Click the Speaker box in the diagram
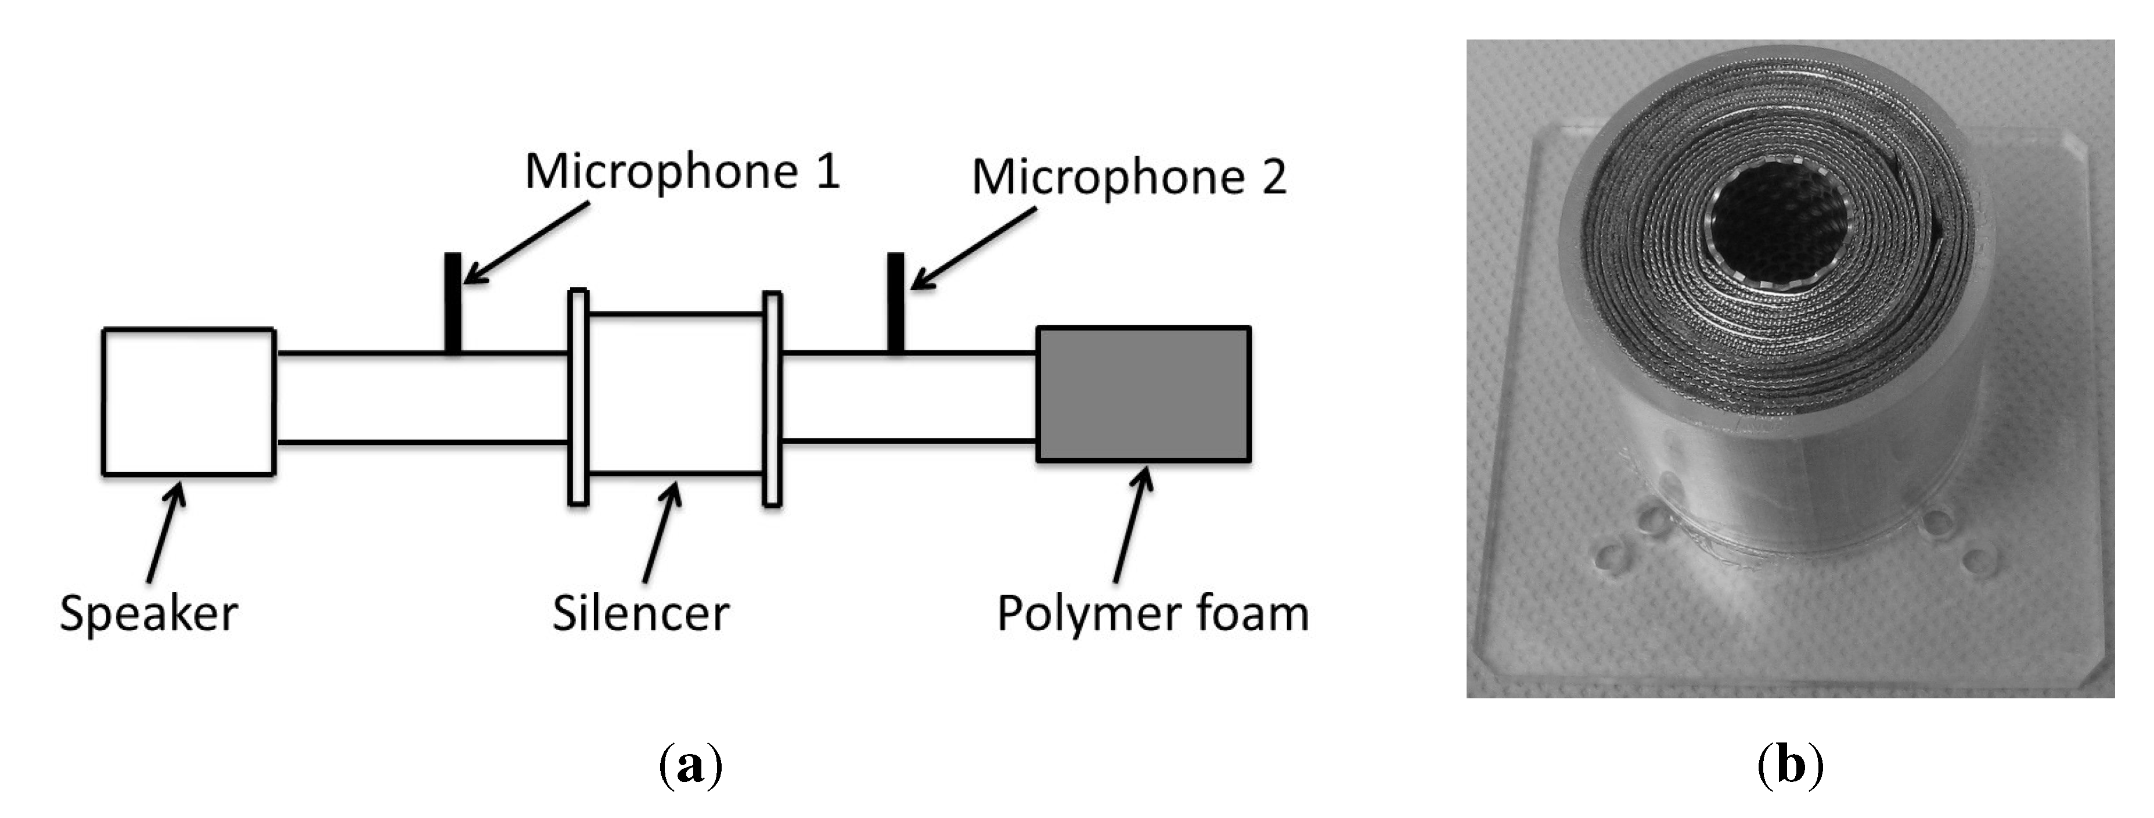point(188,401)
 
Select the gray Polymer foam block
point(1143,394)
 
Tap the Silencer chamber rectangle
point(676,394)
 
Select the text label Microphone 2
point(1128,177)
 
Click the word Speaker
point(149,613)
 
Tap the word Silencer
point(640,613)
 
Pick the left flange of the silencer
point(578,397)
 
